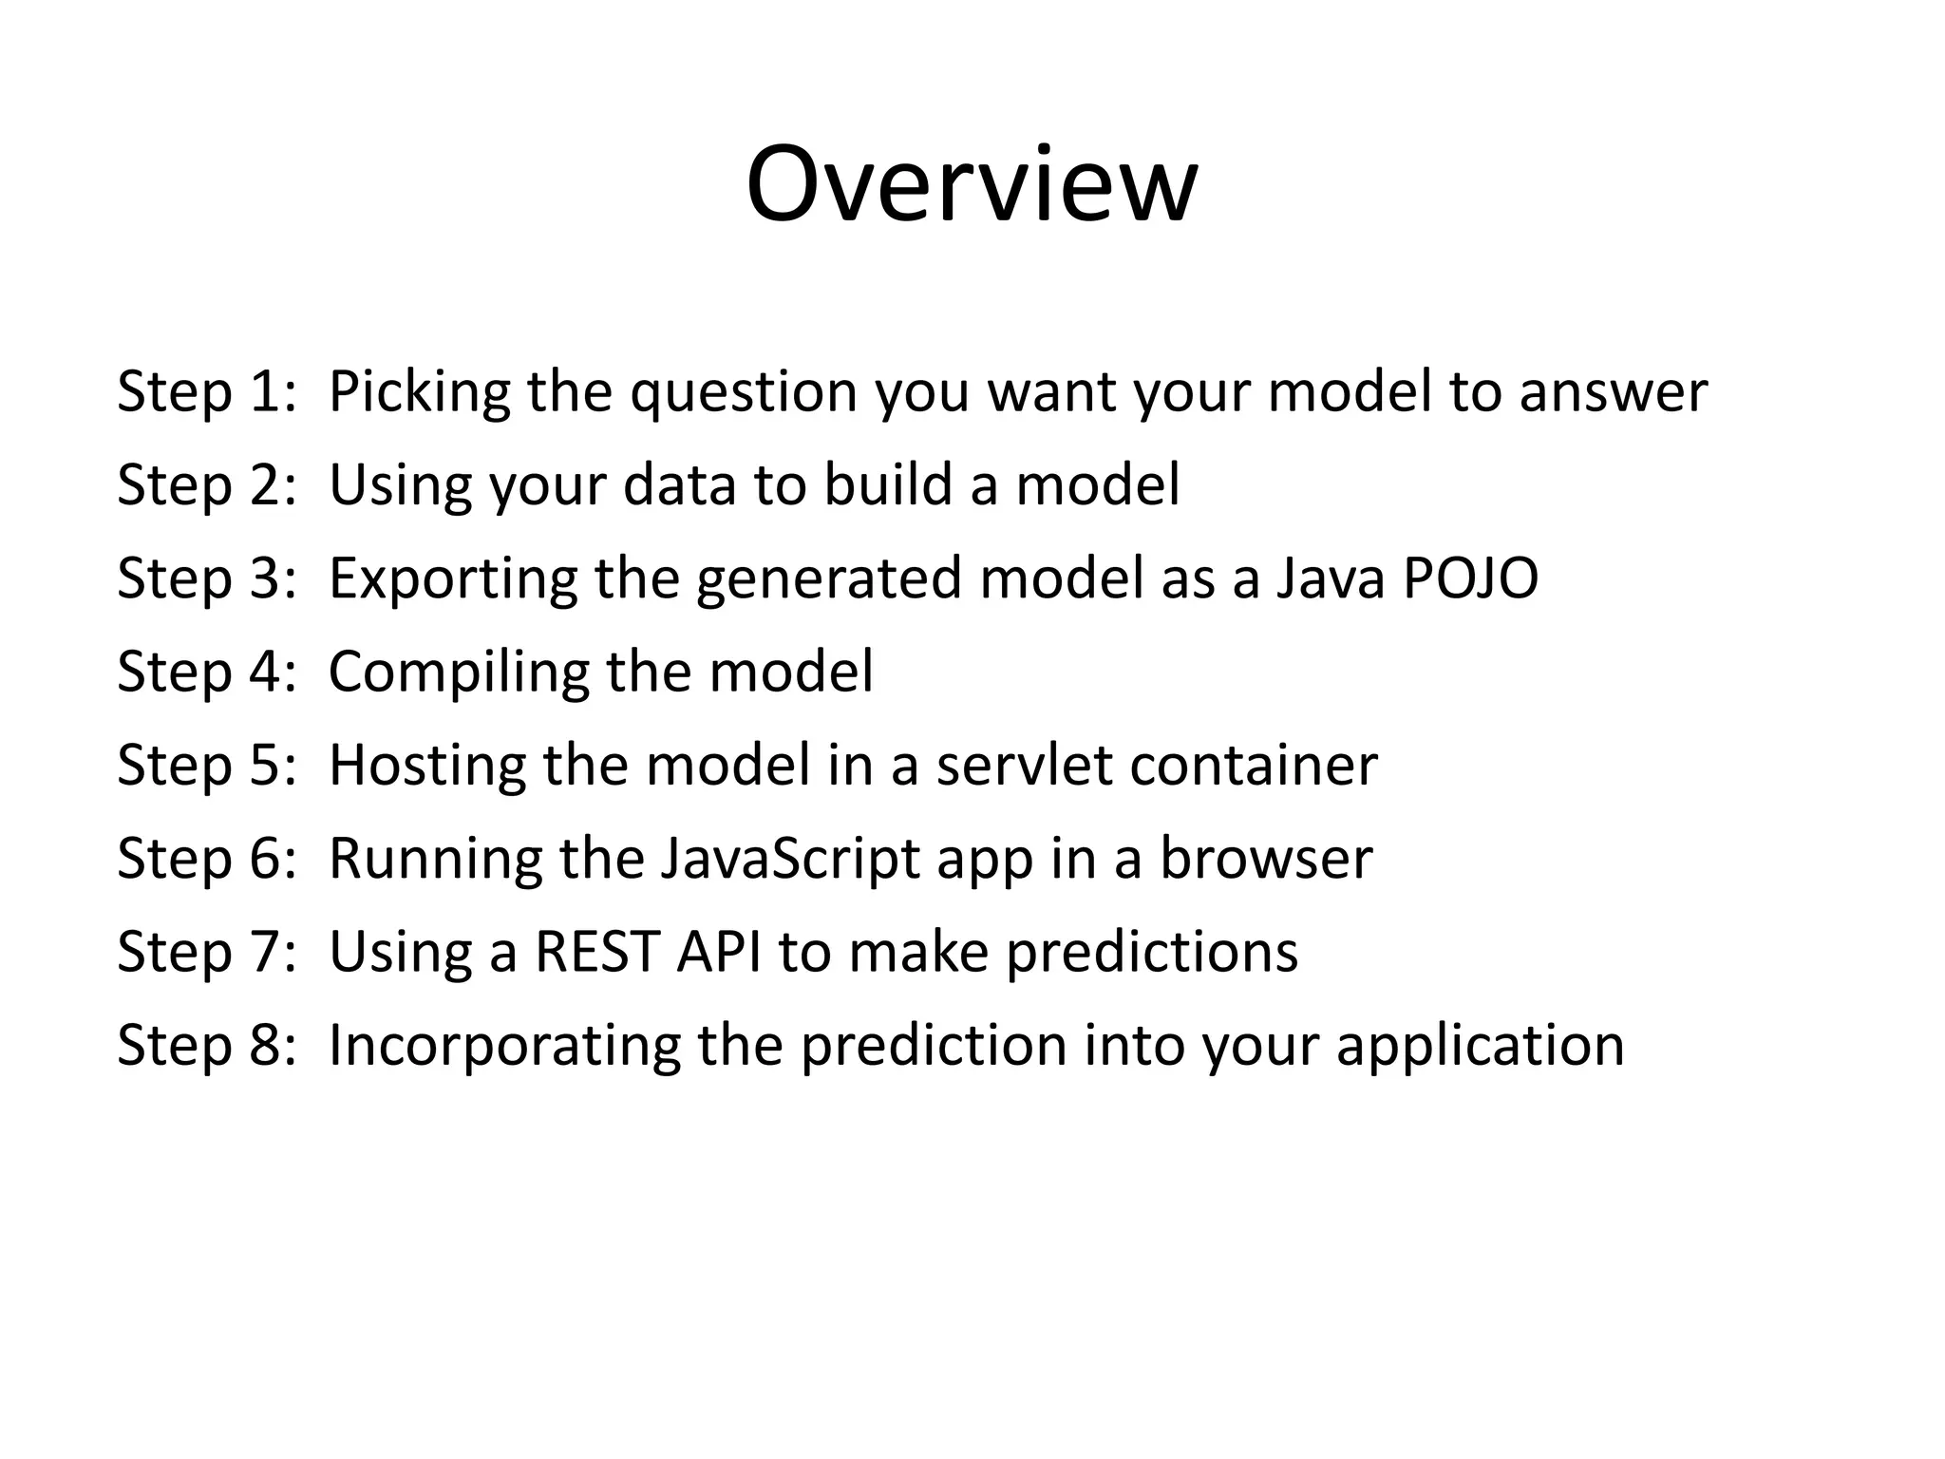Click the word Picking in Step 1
[x=419, y=391]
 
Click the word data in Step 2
[x=679, y=484]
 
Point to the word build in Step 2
[x=887, y=484]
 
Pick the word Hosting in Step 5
[x=426, y=766]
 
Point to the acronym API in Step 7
[x=718, y=952]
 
